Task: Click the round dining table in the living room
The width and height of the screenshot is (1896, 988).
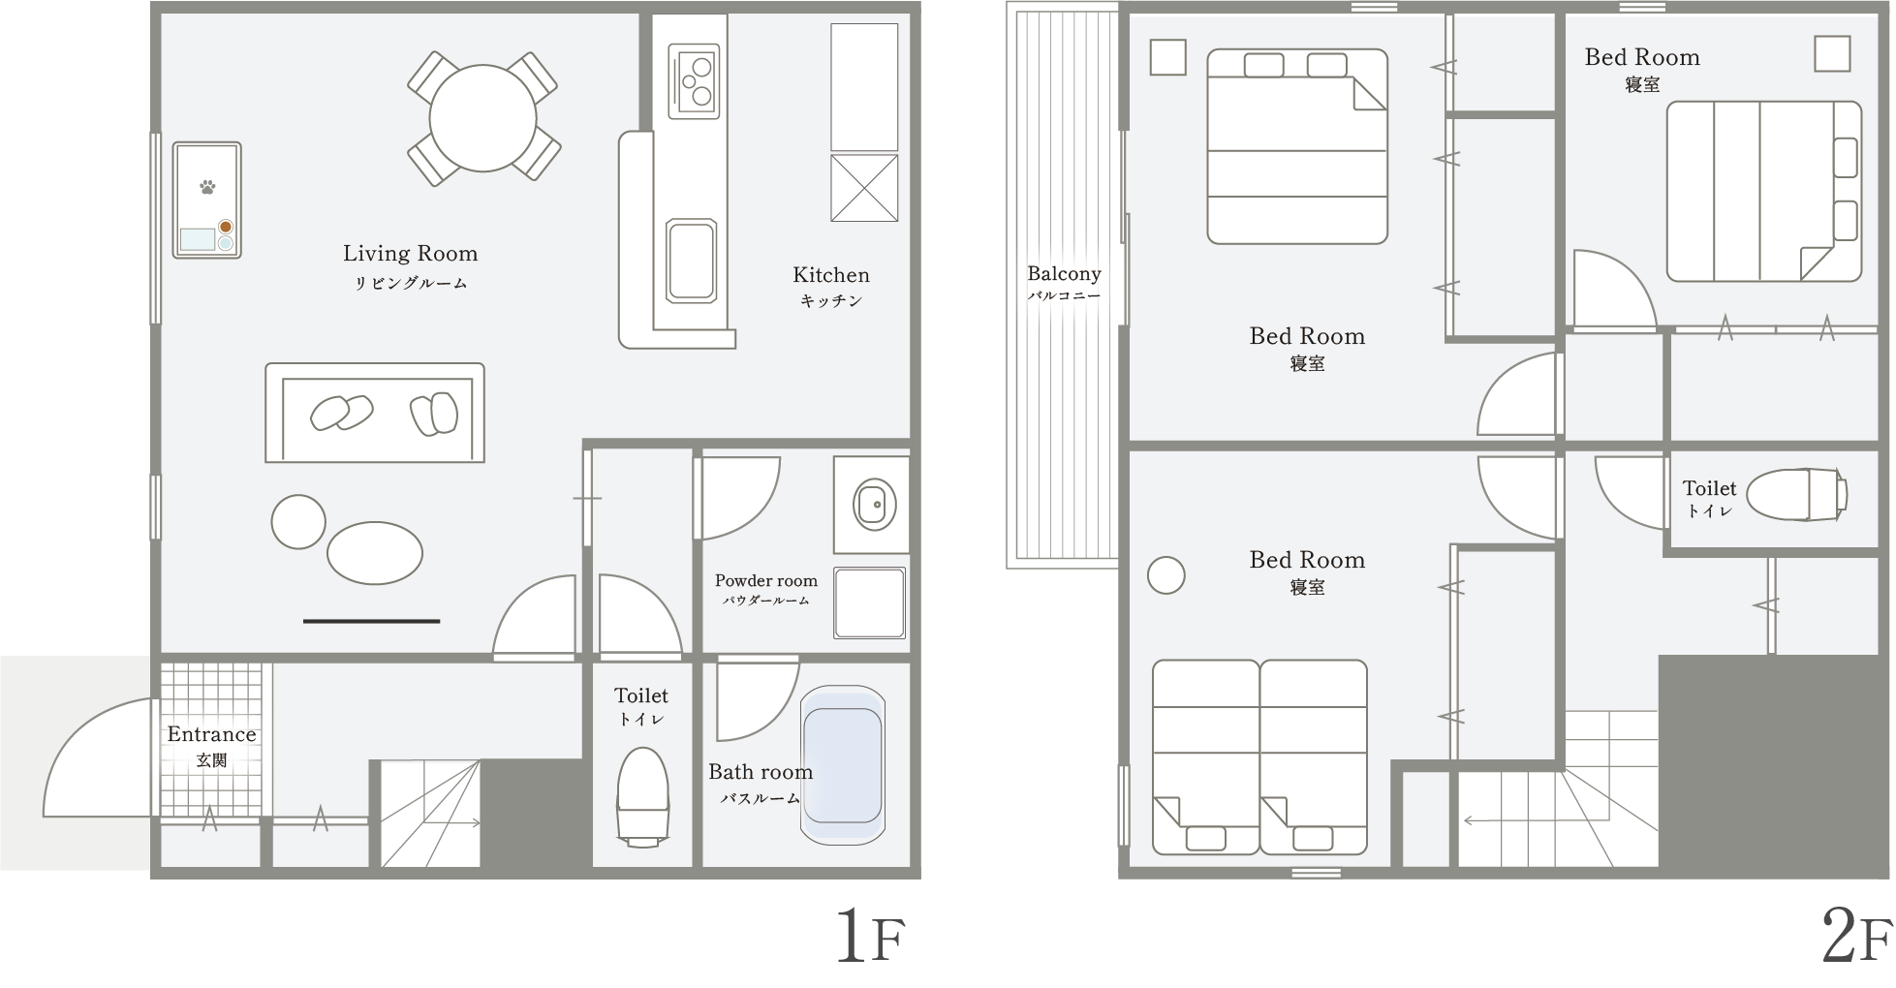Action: point(482,118)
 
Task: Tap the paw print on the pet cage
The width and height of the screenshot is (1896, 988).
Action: point(207,186)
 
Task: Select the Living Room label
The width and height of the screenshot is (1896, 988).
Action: point(410,254)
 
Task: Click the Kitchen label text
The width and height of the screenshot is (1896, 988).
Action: point(831,275)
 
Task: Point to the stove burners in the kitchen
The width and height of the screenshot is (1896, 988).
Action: point(694,80)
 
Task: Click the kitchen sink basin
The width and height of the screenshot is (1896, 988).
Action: point(692,261)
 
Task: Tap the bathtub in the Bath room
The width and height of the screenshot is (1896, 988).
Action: point(843,763)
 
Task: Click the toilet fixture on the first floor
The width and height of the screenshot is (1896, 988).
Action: point(642,796)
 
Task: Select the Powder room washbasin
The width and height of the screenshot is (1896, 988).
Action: point(874,504)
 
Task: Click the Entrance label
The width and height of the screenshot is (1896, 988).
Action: point(211,734)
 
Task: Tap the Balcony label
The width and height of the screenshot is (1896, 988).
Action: point(1064,274)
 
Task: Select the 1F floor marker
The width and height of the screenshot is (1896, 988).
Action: point(870,936)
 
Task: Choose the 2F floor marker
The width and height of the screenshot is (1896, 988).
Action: point(1856,937)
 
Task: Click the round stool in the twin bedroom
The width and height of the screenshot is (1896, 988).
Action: point(1166,575)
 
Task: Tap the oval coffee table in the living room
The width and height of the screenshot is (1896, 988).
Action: point(375,553)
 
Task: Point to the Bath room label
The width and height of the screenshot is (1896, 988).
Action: point(761,772)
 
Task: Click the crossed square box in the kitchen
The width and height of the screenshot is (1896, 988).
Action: point(864,188)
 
